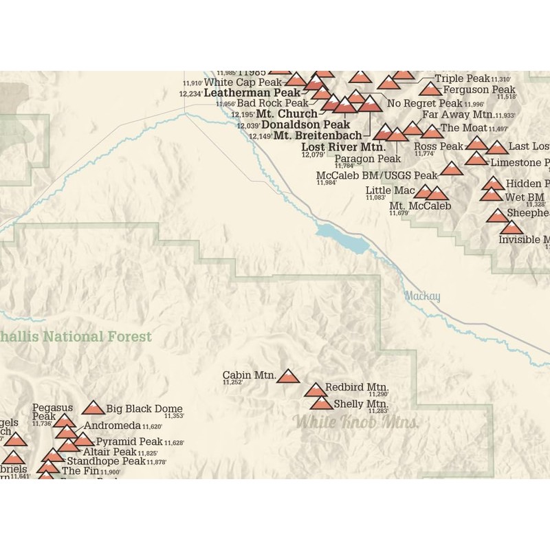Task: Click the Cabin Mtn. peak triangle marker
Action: [288, 375]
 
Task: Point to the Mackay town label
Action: [422, 296]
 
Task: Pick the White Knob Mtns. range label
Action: [355, 421]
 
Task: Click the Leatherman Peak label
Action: [252, 92]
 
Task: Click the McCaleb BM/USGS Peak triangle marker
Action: [452, 168]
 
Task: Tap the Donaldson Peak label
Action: [306, 125]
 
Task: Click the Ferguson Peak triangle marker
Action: [430, 89]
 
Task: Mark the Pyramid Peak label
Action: [129, 441]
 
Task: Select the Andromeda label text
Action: [112, 426]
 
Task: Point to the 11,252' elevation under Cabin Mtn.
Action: [232, 382]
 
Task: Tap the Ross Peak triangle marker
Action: [476, 143]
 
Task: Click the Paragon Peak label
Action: [368, 159]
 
